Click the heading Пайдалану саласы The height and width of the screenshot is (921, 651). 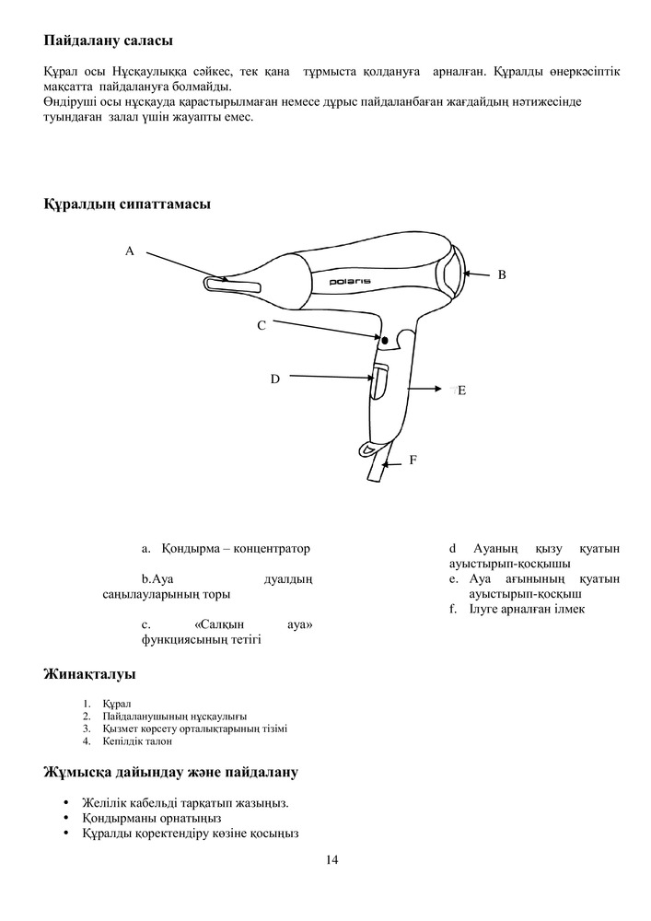108,41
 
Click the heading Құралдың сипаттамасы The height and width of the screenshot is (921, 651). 127,204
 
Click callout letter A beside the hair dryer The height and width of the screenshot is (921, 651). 130,251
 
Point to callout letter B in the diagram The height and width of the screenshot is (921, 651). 502,274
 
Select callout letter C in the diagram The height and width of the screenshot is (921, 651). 262,325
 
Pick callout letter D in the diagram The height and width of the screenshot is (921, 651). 274,379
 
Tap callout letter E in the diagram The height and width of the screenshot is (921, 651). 461,391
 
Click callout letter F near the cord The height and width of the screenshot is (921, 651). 413,459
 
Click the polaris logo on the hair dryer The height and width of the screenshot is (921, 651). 351,279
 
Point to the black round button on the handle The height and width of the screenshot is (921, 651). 383,341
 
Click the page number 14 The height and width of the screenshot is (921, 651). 331,860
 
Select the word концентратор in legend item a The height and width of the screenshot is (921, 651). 269,548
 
